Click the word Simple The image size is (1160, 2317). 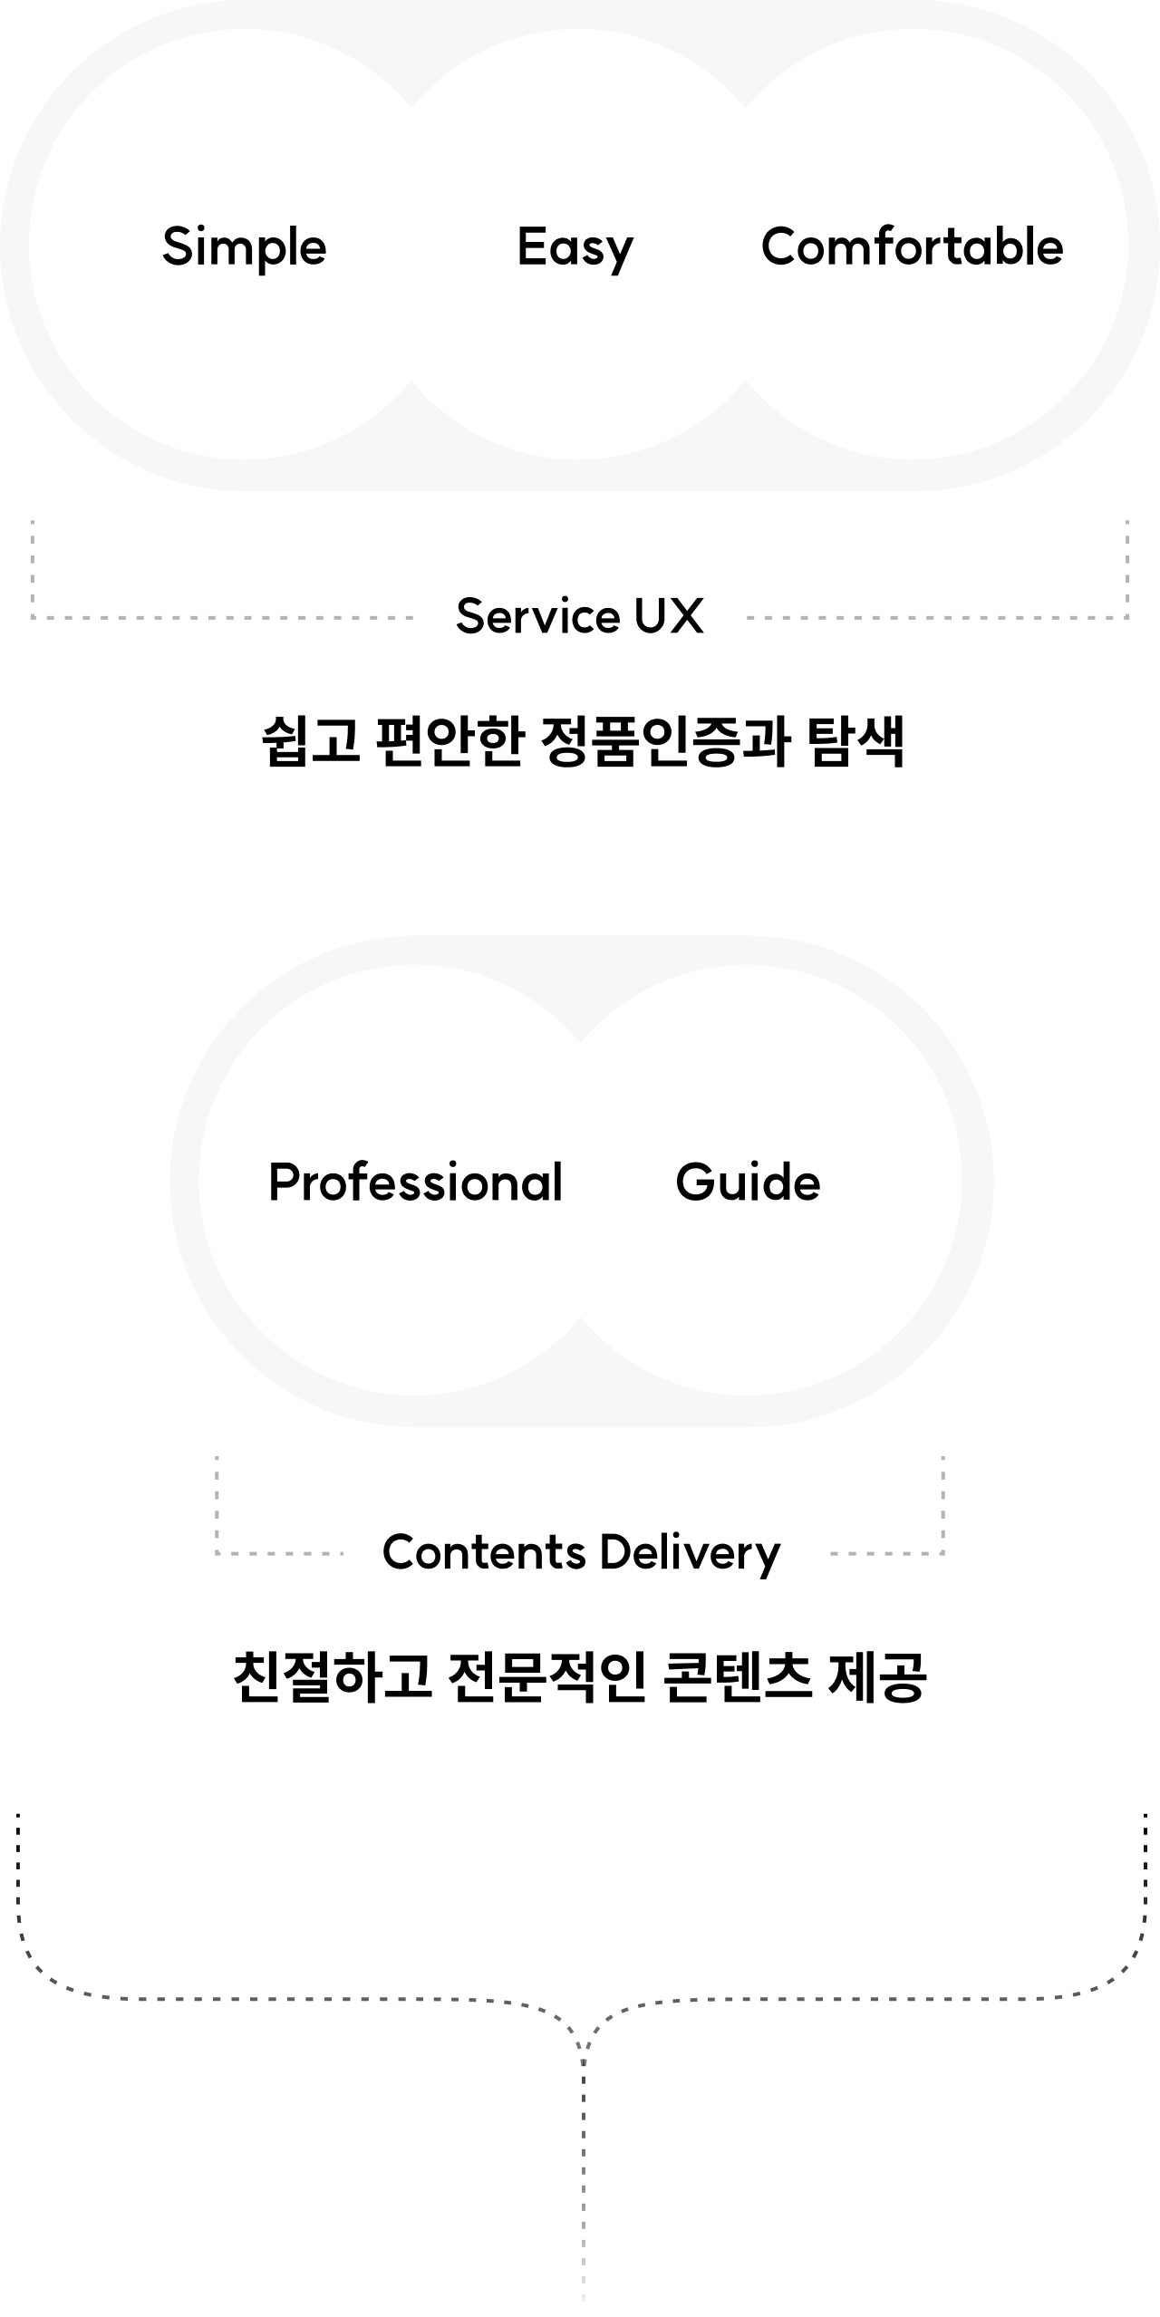(x=244, y=247)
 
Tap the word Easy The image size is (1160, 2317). (x=575, y=247)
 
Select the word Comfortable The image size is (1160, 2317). (x=912, y=247)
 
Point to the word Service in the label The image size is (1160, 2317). (x=536, y=616)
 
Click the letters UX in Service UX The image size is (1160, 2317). (x=668, y=616)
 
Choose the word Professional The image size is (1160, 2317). (x=415, y=1183)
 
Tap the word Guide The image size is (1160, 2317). (x=748, y=1183)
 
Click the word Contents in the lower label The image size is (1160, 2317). (x=484, y=1552)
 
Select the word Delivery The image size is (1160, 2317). (x=690, y=1552)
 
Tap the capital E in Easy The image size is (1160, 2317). (x=530, y=246)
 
